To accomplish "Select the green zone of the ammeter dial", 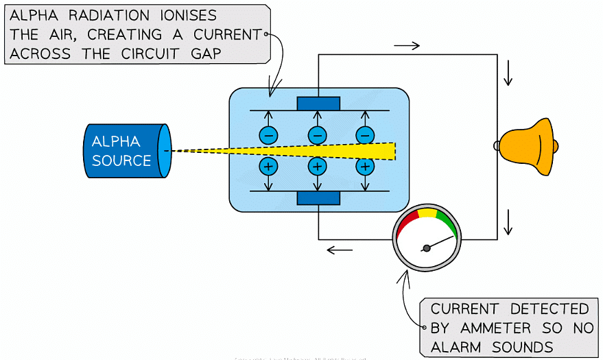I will [447, 221].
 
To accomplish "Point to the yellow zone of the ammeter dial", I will [427, 213].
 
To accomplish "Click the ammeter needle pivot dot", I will [427, 248].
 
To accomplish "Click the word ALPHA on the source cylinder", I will [116, 141].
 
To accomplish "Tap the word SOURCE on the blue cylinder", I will [121, 160].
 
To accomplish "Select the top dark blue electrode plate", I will [318, 104].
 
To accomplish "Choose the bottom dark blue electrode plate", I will [318, 198].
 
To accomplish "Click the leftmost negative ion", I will [268, 135].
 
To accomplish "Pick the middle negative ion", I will [317, 135].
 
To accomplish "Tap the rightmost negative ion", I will [365, 135].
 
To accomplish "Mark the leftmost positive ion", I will [268, 166].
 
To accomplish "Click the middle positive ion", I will [317, 166].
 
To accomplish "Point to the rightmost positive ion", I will [365, 166].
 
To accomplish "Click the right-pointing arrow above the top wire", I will [407, 46].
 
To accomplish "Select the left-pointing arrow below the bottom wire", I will [340, 250].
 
